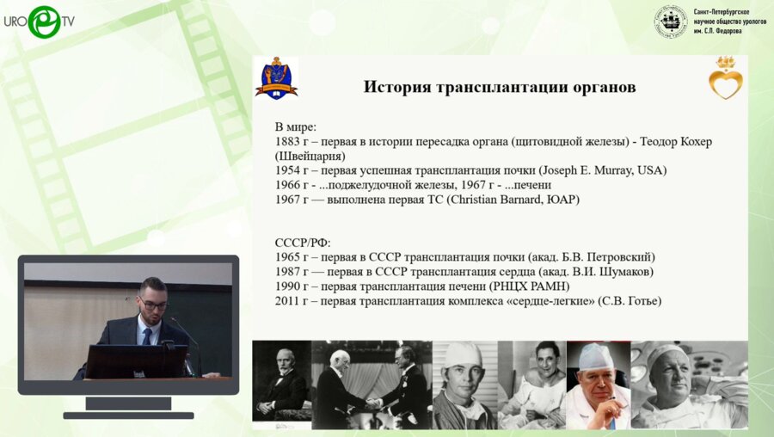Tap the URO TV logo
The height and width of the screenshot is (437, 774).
pyautogui.click(x=39, y=21)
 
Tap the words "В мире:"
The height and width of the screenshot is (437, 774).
pyautogui.click(x=296, y=126)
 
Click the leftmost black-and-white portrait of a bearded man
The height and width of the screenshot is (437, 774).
pyautogui.click(x=281, y=385)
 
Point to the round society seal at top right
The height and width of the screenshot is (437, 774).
pyautogui.click(x=671, y=22)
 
